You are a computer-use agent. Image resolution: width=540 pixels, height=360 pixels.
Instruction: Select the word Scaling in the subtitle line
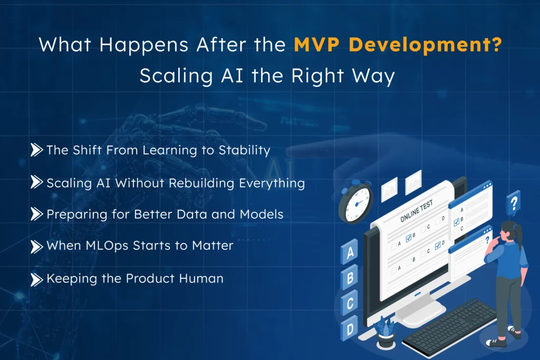tap(168, 76)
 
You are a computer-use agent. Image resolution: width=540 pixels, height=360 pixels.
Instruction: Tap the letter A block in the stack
tap(349, 253)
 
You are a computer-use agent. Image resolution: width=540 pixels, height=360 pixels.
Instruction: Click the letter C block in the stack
tap(349, 301)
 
